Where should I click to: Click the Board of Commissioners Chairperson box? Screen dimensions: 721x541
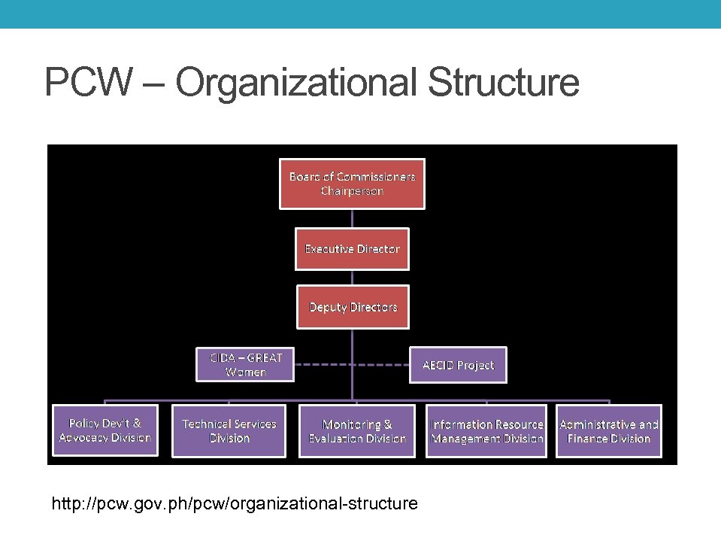[x=352, y=184]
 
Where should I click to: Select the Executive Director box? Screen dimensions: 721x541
[x=352, y=249]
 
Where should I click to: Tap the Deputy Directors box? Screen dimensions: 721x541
[x=353, y=307]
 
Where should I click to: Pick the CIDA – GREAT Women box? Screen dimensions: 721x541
[x=245, y=364]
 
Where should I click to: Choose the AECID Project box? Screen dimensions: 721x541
[x=458, y=365]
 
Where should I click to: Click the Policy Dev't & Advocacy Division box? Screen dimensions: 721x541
[x=105, y=430]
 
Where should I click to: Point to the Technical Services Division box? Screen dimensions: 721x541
[x=229, y=431]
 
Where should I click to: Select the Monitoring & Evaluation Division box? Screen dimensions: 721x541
[x=356, y=431]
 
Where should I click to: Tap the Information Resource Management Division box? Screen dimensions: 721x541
[x=486, y=431]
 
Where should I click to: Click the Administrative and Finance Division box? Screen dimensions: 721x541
[x=609, y=431]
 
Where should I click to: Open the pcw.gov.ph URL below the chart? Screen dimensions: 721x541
[x=234, y=502]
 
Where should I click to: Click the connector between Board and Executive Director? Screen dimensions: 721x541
[x=352, y=218]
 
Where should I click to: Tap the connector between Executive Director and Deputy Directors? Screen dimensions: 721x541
[x=352, y=278]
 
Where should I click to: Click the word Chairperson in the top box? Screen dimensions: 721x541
[x=352, y=191]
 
